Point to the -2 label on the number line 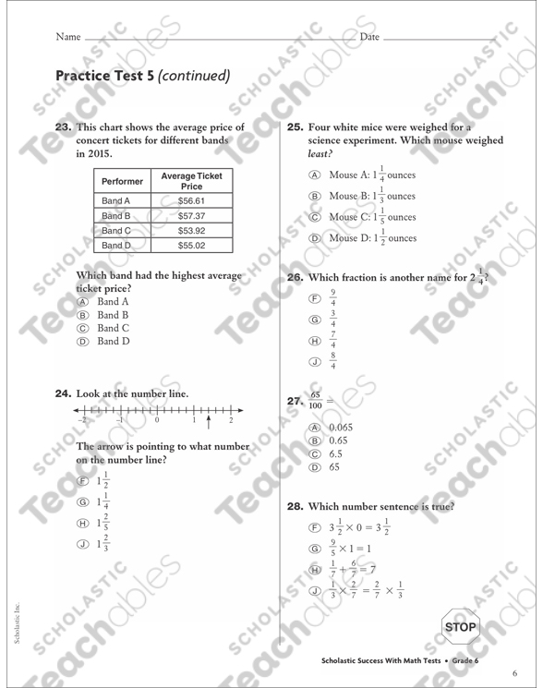tap(81, 420)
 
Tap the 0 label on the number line tap(156, 420)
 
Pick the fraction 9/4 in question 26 tap(333, 298)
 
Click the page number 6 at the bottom tap(514, 671)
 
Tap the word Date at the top tap(369, 37)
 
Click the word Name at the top tap(68, 37)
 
